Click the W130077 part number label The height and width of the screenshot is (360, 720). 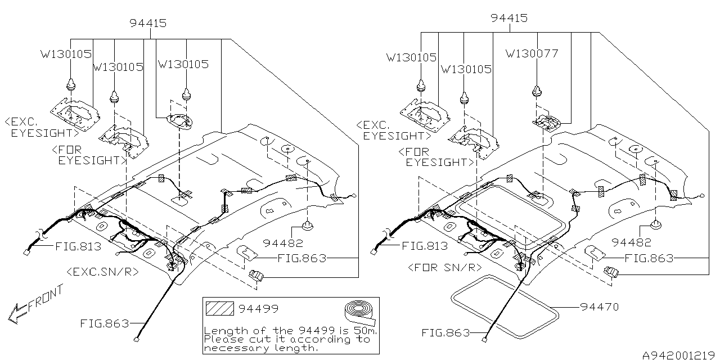pos(532,54)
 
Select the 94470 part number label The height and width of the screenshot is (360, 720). pos(600,307)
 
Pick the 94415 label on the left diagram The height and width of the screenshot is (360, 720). pos(147,23)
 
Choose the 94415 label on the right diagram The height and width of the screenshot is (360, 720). pos(508,18)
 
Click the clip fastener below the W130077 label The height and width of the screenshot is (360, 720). pos(538,92)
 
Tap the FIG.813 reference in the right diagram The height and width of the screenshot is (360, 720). pos(425,246)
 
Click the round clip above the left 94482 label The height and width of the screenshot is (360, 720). pos(308,227)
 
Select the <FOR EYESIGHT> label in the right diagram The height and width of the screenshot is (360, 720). pos(434,157)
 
